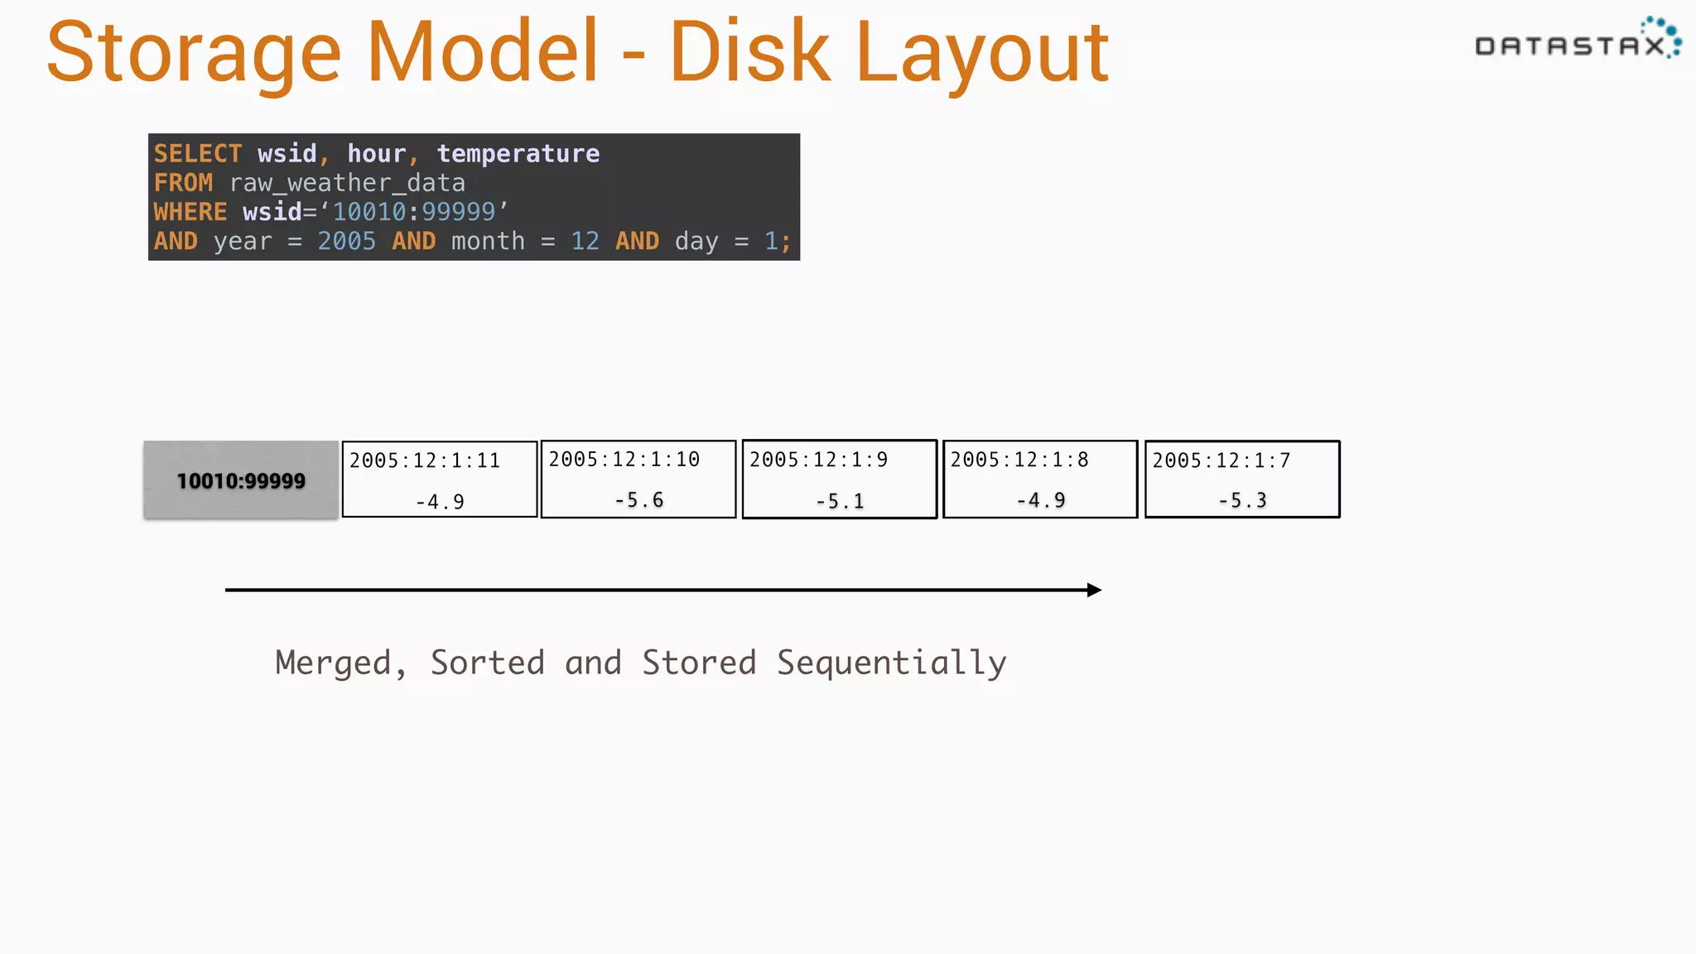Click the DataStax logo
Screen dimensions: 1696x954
(1577, 41)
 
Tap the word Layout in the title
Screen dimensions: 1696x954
(983, 54)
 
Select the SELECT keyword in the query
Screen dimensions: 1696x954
(198, 154)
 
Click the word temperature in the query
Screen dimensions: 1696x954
(518, 154)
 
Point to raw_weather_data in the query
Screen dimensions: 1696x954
(347, 183)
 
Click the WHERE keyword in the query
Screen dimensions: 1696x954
(190, 212)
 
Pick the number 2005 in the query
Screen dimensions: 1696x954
(347, 241)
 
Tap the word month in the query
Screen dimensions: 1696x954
(488, 241)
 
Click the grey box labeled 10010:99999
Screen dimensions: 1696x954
(241, 480)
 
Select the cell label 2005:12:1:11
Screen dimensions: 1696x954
(425, 460)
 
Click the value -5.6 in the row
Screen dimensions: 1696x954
(639, 500)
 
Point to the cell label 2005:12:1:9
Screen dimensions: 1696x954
(818, 460)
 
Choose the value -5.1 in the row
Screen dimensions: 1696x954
(840, 501)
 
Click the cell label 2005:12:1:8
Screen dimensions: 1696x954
(1019, 460)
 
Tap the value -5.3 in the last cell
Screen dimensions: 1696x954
(1242, 500)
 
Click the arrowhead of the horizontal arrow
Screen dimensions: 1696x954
(1094, 590)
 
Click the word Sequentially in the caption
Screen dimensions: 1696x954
(891, 663)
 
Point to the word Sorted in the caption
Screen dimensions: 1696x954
(488, 663)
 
